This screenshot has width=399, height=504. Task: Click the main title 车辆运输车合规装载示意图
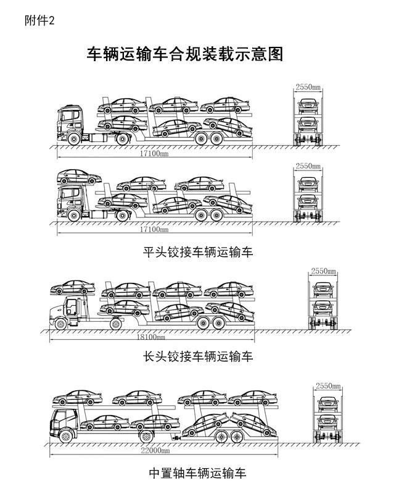tap(184, 54)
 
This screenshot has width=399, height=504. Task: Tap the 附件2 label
tap(40, 20)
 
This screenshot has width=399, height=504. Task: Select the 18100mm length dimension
tap(151, 337)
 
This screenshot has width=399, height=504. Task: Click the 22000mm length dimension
tap(155, 450)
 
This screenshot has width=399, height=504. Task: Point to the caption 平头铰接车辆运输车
tap(198, 251)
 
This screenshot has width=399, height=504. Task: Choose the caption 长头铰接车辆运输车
tap(198, 356)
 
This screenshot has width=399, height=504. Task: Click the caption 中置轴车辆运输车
tap(198, 473)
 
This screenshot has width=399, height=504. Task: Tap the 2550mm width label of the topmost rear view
tap(308, 87)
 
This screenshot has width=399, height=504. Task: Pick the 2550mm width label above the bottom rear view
tap(327, 385)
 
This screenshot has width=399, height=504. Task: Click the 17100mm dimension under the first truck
tap(154, 153)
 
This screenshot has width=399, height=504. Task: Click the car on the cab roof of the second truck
tap(79, 177)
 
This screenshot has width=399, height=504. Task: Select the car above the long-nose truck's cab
tap(73, 287)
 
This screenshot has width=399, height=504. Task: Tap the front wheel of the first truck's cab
tap(74, 139)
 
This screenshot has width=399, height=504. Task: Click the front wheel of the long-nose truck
tap(60, 324)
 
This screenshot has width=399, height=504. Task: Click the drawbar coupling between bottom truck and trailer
tap(176, 437)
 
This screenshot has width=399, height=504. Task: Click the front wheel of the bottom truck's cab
tap(66, 437)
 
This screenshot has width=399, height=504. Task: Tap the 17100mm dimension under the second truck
tap(154, 229)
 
